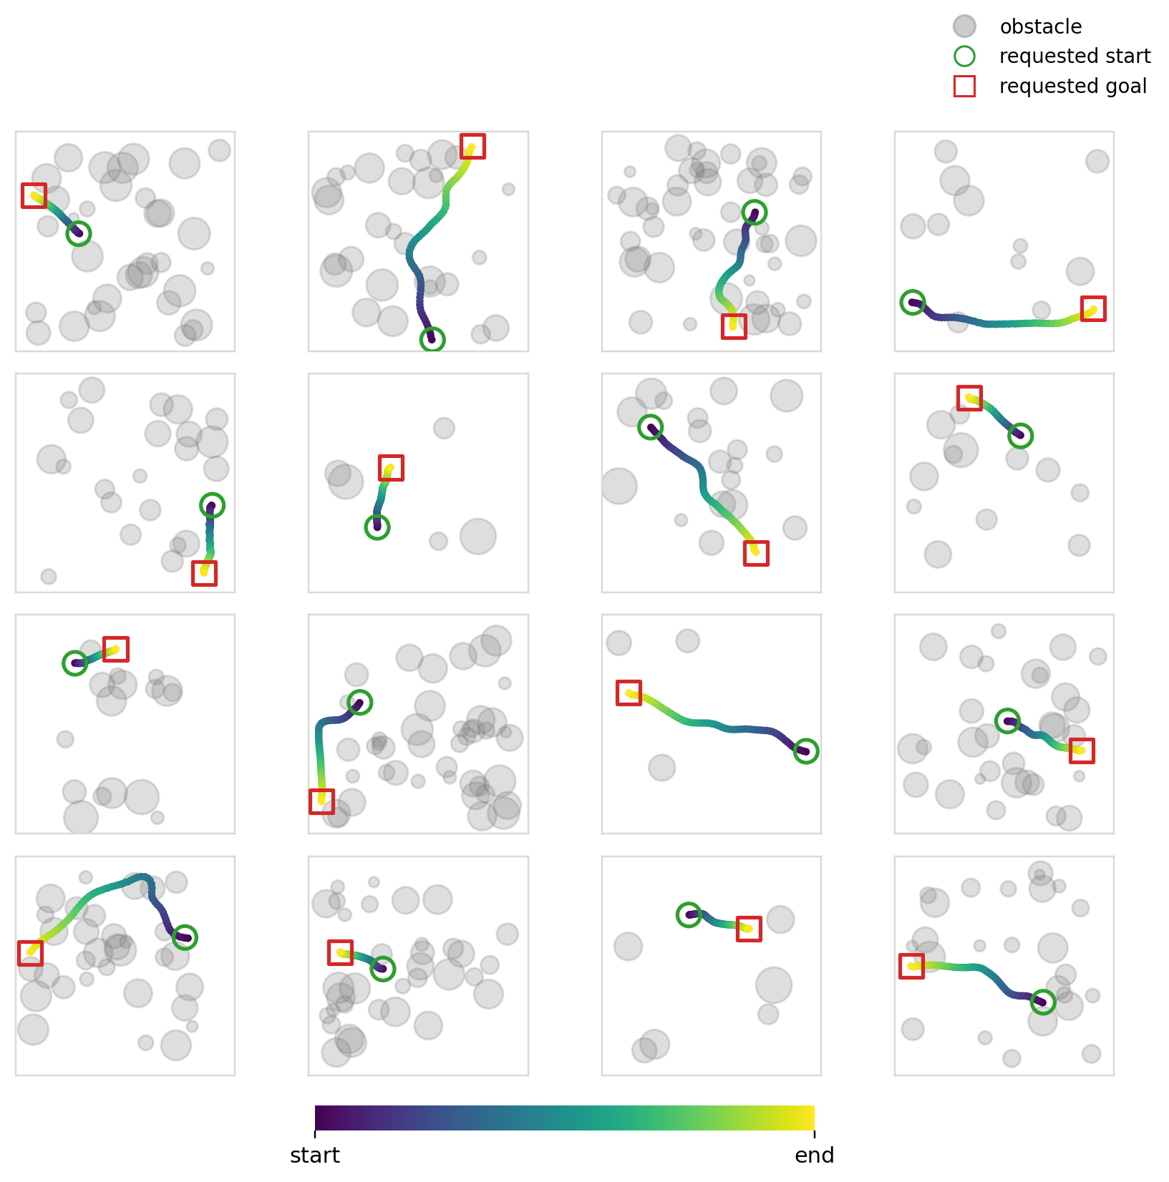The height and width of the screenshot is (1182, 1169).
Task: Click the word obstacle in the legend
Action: pos(1040,27)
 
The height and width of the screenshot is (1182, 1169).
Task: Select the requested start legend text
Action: pos(1075,57)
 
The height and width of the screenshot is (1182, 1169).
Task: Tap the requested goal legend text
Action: pos(1073,87)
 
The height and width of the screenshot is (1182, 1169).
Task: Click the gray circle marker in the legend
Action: pos(964,26)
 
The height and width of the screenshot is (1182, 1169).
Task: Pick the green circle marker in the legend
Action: pos(964,57)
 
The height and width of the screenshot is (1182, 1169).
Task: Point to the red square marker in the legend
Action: pos(964,87)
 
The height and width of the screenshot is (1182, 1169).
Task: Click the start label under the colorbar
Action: pos(315,1156)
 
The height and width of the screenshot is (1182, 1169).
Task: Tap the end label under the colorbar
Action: pos(815,1156)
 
